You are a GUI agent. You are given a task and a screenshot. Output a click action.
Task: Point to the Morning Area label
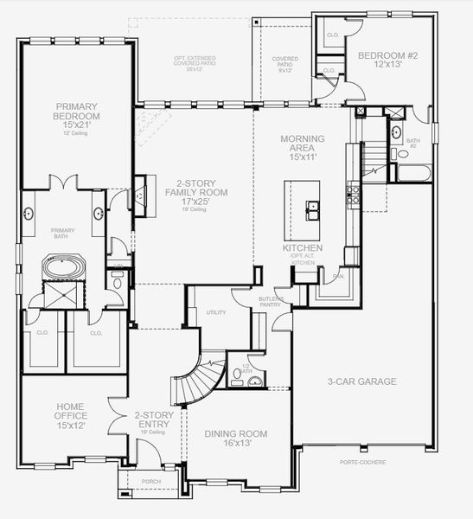(x=302, y=144)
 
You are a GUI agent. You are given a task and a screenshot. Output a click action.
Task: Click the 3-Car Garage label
(x=361, y=381)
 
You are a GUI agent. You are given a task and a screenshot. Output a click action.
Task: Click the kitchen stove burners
(x=352, y=195)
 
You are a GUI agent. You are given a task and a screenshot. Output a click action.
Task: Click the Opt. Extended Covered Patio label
(x=194, y=61)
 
